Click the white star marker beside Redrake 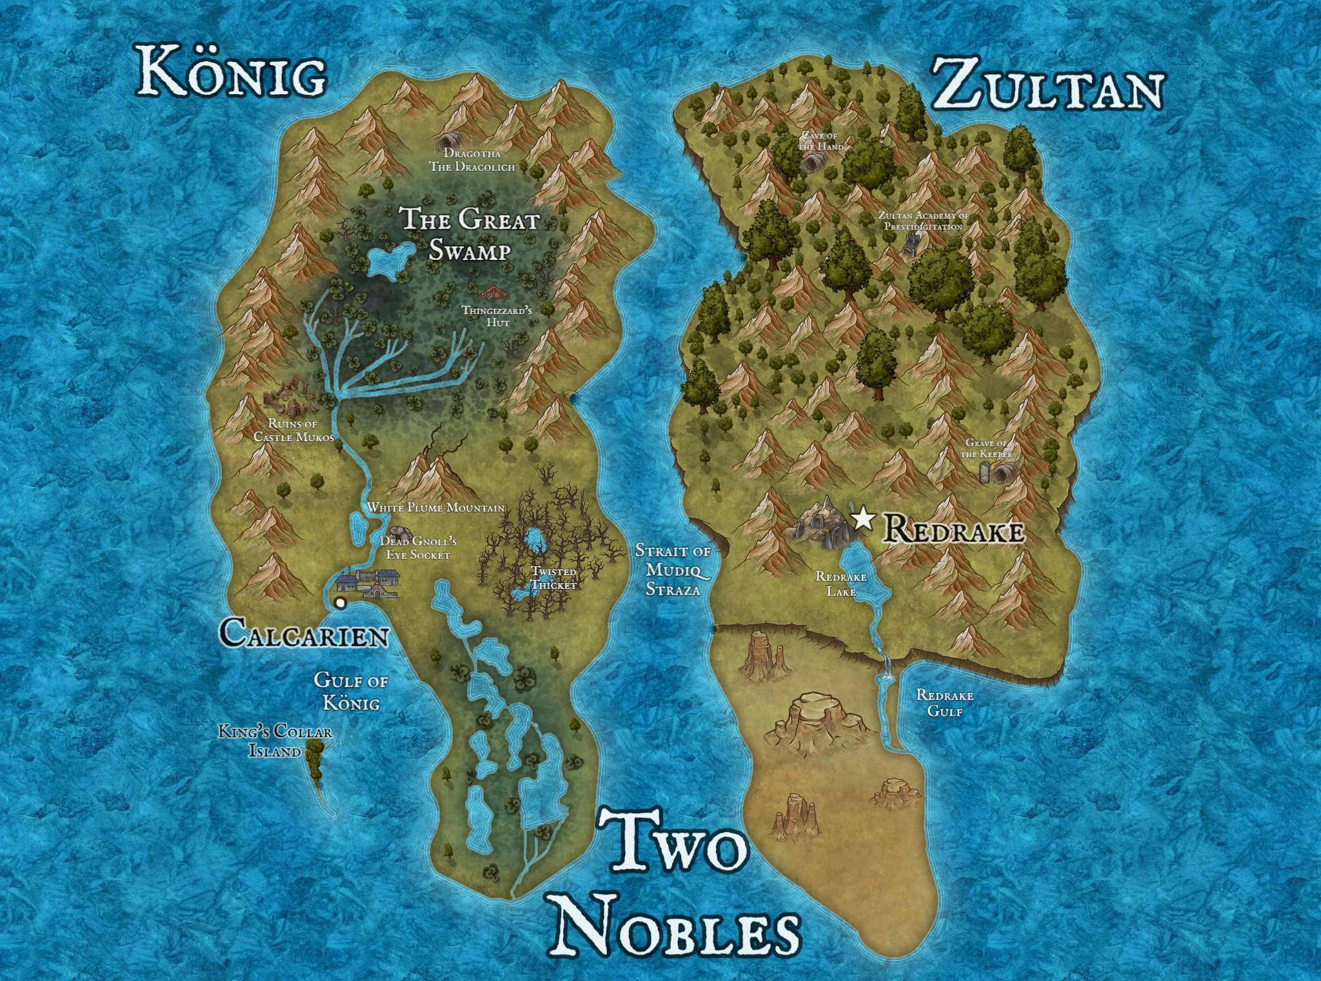[862, 519]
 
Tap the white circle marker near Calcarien [340, 603]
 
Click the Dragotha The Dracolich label [472, 161]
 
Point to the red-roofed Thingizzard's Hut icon [493, 292]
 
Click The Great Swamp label [470, 234]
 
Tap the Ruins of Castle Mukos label [293, 431]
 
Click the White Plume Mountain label [436, 508]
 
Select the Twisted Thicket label [553, 578]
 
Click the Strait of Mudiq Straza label [673, 570]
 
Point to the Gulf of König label [351, 691]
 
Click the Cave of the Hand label [820, 141]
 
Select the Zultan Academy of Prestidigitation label [924, 221]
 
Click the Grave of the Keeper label [987, 448]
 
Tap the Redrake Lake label [841, 584]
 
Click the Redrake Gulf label [945, 703]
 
